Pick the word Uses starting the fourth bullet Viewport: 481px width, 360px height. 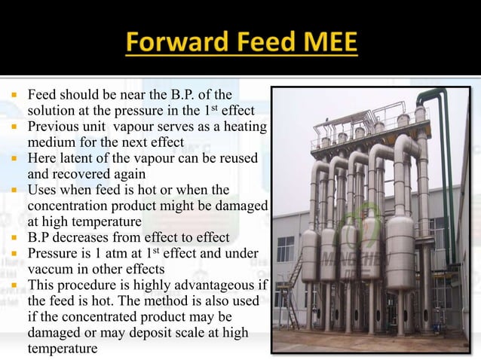pos(42,190)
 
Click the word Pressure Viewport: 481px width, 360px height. pos(52,253)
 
